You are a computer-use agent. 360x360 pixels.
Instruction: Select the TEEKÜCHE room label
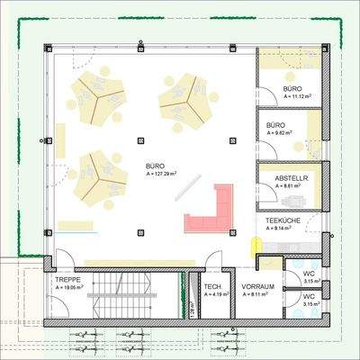[281, 220]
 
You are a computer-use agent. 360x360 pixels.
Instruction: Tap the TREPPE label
[67, 280]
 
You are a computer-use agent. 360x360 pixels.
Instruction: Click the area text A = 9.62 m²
[283, 133]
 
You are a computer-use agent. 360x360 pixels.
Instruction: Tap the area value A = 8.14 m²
[281, 229]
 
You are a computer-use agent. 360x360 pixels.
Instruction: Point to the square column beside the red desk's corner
[232, 231]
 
